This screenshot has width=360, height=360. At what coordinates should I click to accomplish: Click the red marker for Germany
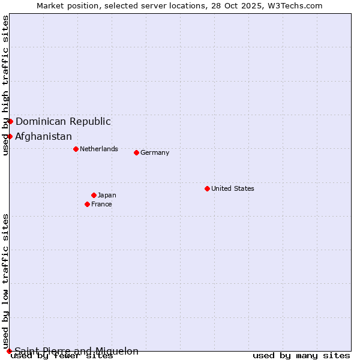click(136, 152)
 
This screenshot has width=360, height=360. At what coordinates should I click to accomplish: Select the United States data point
click(207, 188)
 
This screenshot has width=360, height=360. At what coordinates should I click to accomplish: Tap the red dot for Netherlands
click(76, 149)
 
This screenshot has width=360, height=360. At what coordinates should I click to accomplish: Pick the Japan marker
click(94, 195)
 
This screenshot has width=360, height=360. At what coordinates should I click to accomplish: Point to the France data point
click(87, 204)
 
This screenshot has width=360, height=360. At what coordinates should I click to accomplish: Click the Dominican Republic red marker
click(10, 121)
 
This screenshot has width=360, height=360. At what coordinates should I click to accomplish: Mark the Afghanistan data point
click(10, 136)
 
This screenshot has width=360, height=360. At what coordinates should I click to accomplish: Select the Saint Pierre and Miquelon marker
click(9, 351)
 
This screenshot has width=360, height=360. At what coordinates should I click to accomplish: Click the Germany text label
click(155, 152)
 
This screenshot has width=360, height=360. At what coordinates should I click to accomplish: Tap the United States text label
click(233, 188)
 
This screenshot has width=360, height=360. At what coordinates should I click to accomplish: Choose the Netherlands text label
click(99, 149)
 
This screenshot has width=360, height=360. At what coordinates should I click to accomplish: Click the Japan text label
click(107, 195)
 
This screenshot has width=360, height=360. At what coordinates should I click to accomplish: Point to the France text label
click(101, 204)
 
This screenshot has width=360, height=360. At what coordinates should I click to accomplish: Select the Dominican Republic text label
click(63, 121)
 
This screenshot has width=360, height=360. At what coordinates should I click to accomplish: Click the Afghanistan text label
click(43, 136)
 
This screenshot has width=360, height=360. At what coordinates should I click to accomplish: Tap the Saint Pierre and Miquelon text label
click(76, 351)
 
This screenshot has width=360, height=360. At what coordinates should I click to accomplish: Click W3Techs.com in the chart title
click(295, 5)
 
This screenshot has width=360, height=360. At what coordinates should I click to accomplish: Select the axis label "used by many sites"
click(301, 355)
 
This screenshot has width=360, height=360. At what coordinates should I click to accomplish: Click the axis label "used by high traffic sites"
click(5, 85)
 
